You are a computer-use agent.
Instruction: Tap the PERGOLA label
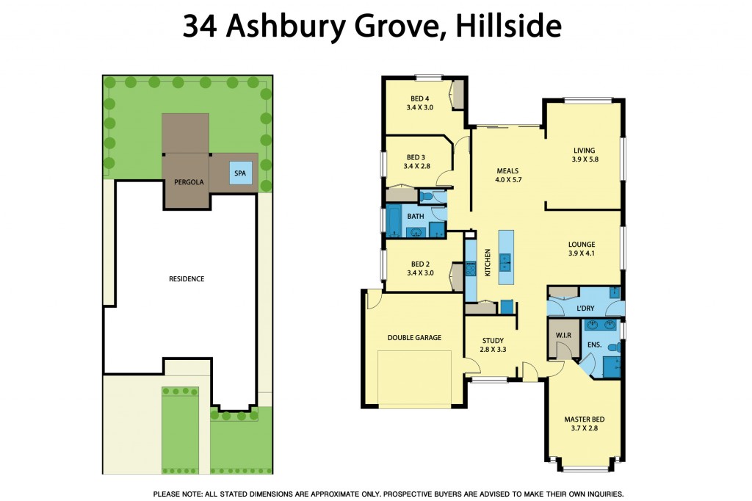(x=188, y=181)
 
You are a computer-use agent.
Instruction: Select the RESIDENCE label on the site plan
(x=187, y=279)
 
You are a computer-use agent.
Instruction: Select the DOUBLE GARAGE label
(x=414, y=338)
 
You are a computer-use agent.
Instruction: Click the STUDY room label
(x=493, y=340)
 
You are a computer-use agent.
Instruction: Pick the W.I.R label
(x=563, y=336)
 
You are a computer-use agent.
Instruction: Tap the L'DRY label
(x=585, y=309)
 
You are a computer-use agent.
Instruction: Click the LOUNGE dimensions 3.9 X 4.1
(x=581, y=253)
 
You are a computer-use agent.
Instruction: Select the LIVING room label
(x=585, y=151)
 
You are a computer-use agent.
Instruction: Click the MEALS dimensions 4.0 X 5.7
(x=507, y=180)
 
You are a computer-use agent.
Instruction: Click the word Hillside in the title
(x=507, y=27)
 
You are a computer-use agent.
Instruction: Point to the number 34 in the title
(x=200, y=27)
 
